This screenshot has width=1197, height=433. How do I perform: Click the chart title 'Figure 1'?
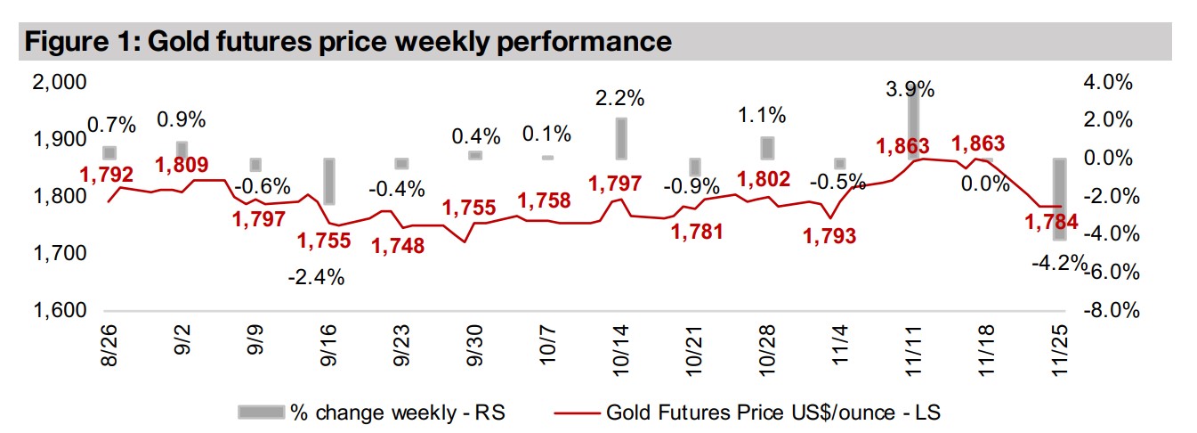pos(347,41)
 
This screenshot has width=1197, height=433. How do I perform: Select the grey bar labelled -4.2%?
pos(1059,199)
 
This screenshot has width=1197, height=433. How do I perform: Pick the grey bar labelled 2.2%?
pos(621,138)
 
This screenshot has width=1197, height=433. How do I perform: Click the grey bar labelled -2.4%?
pos(329,181)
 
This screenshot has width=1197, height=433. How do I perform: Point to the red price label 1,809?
pos(182,165)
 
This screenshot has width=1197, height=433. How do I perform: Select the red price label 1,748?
pos(399,245)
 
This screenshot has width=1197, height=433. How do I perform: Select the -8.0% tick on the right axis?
pos(1107,311)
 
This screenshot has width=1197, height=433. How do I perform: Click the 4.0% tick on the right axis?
pos(1107,82)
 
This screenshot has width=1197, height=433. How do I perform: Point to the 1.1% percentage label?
pos(763,115)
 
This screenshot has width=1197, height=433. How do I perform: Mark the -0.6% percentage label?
pos(265,186)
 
